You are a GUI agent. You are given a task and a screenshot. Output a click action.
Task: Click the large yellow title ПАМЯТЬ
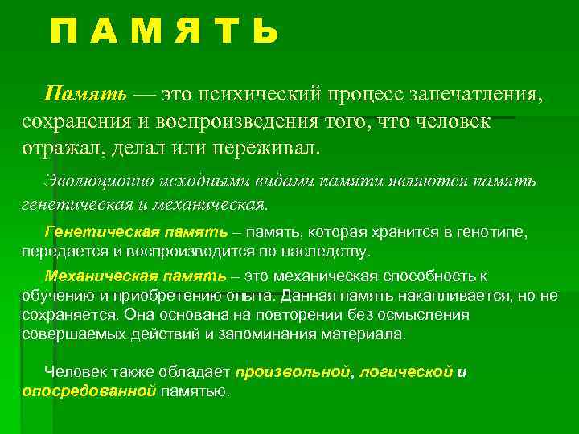click(164, 32)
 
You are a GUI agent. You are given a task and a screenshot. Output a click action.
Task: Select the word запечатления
click(476, 96)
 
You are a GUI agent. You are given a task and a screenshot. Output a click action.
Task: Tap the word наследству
click(332, 251)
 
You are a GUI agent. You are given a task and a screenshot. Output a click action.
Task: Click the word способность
click(433, 276)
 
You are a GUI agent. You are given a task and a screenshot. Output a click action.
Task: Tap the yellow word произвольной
click(293, 372)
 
